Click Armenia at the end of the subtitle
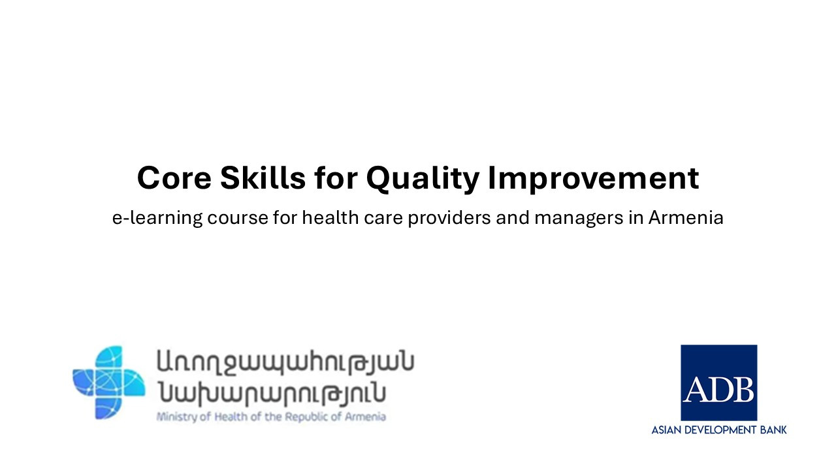click(685, 218)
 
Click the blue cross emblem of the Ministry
click(108, 382)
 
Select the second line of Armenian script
click(271, 393)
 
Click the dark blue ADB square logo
click(718, 383)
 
